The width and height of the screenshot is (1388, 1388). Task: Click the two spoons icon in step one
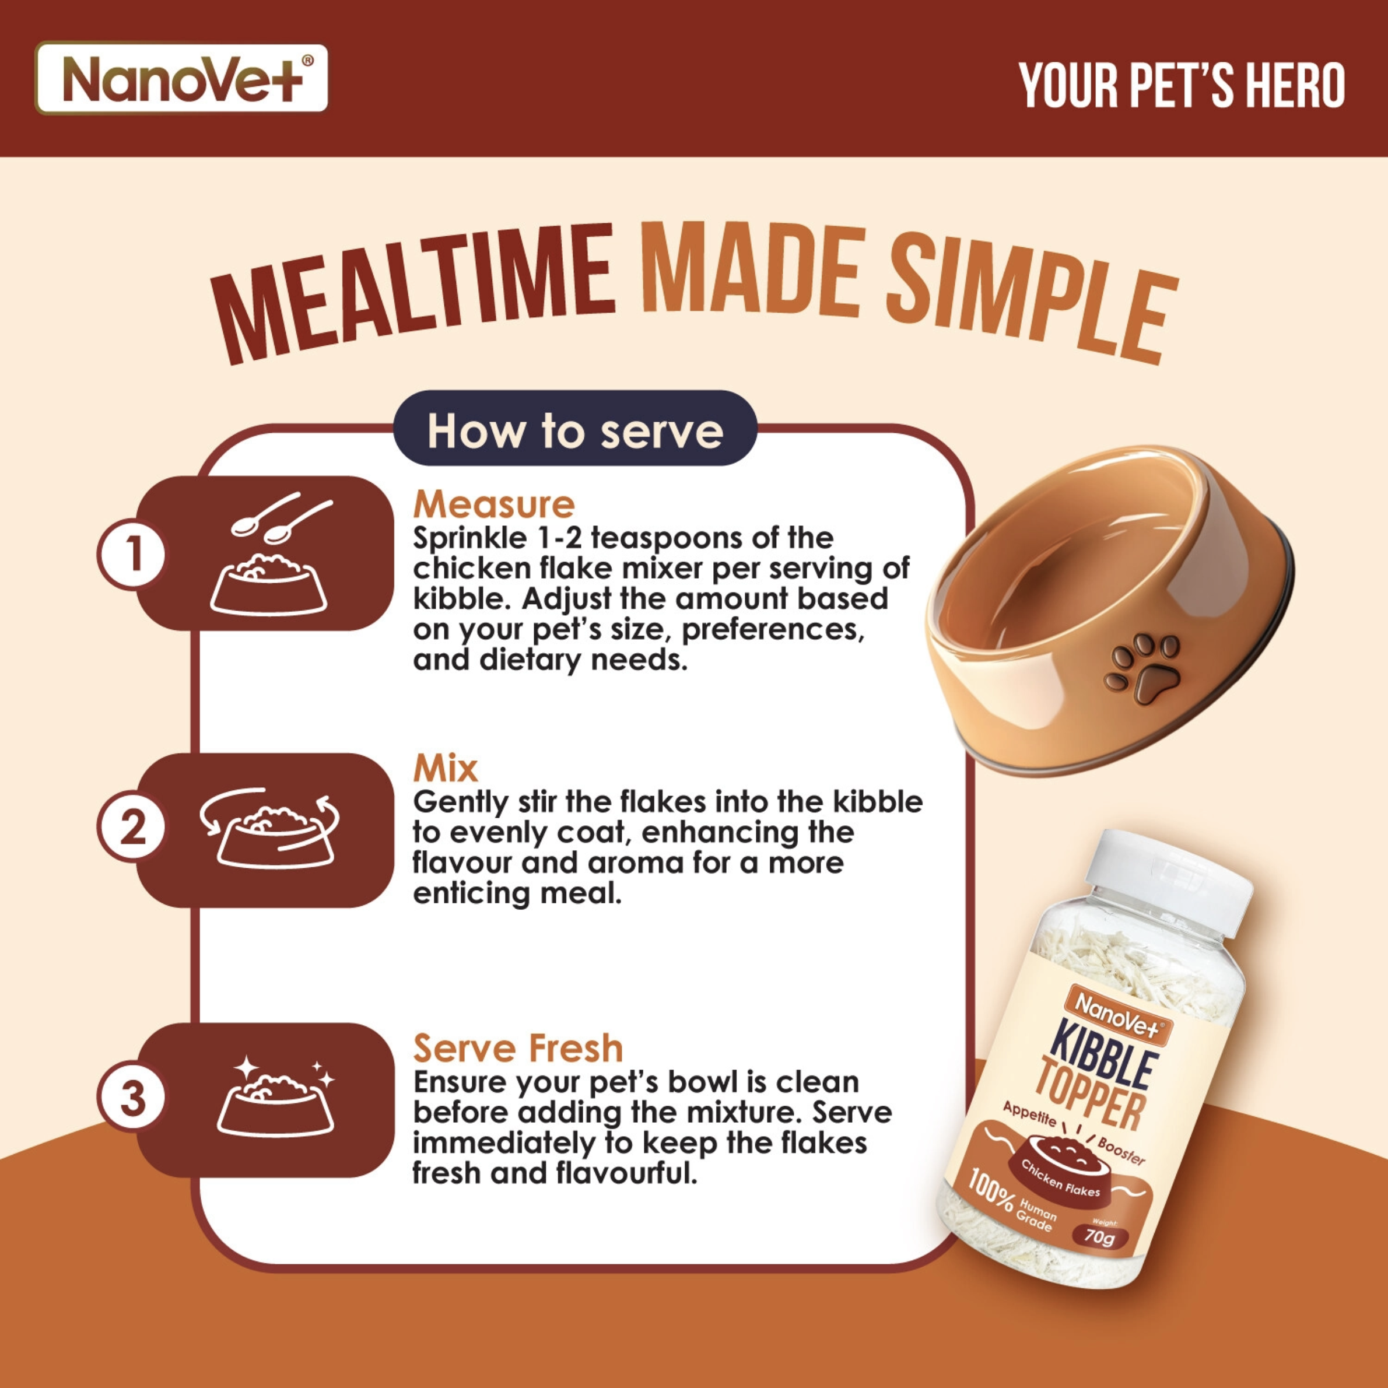click(x=282, y=518)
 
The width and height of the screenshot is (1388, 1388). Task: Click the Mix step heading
click(x=445, y=768)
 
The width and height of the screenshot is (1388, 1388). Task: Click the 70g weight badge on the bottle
click(x=1099, y=1236)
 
